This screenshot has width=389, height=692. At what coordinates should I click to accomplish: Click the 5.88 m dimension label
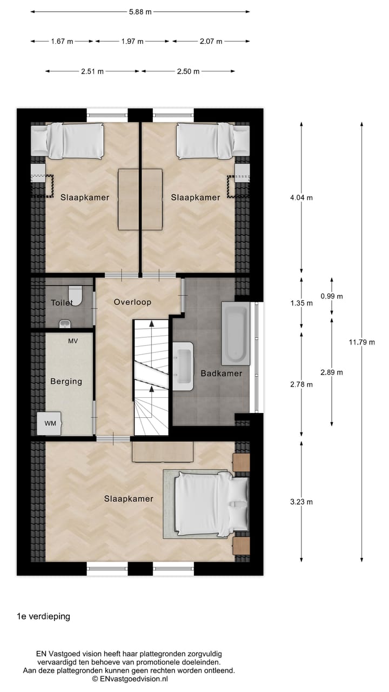point(140,11)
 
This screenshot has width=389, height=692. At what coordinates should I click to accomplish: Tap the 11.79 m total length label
point(361,342)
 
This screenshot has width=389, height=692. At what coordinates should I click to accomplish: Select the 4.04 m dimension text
point(301,198)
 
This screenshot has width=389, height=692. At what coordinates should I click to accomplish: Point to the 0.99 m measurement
point(332,296)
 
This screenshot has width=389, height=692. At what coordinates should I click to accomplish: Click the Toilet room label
point(62,303)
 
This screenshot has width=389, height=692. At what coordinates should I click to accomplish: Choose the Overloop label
point(132,302)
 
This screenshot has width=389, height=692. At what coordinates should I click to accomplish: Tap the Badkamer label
point(221,373)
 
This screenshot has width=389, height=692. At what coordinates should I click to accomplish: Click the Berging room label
point(66,381)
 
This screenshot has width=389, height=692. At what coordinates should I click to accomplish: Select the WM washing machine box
point(50,423)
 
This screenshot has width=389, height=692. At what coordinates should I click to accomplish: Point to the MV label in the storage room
point(72,341)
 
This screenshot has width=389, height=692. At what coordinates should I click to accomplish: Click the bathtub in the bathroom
point(236,333)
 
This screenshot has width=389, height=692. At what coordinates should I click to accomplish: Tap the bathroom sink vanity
point(183,366)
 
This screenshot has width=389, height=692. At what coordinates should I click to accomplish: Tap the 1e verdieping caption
point(43,616)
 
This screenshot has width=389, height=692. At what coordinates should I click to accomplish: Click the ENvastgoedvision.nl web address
point(133,678)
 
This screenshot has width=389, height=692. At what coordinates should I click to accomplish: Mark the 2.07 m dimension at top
point(211,41)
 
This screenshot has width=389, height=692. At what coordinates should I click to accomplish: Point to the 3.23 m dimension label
point(301,502)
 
